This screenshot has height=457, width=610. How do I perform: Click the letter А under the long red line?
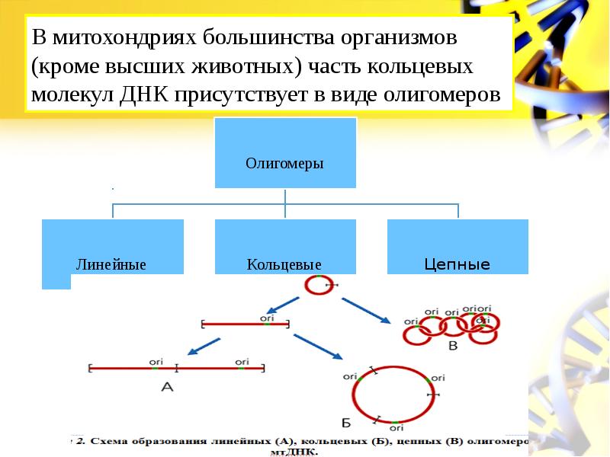click(x=169, y=388)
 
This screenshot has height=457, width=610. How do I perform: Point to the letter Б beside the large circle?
click(x=345, y=422)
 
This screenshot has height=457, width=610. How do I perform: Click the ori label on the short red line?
click(x=266, y=318)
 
